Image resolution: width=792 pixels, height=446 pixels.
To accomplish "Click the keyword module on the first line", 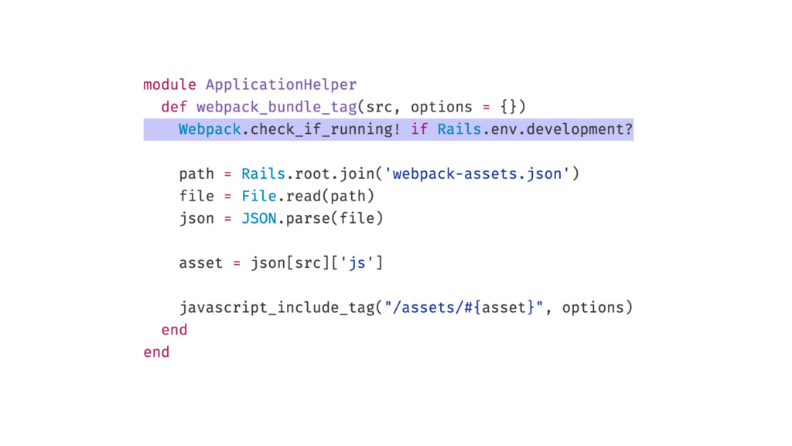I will [169, 84].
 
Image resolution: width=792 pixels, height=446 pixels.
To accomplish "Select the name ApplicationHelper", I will [282, 84].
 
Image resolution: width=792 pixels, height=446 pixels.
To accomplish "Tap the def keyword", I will [174, 107].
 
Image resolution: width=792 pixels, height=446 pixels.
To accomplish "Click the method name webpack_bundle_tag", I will [276, 107].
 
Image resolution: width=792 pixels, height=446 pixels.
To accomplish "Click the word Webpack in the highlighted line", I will [210, 129].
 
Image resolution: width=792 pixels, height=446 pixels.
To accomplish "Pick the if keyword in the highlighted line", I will [419, 129].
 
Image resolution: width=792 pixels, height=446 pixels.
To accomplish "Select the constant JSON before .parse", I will [258, 218].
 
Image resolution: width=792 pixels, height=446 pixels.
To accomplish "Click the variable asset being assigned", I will [201, 263].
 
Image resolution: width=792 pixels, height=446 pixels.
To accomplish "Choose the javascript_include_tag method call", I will [276, 308].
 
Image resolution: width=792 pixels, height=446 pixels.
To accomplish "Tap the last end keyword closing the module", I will [156, 352].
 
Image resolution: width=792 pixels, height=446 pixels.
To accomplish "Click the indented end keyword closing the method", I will [174, 330].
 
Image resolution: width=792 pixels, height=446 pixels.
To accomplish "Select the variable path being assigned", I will [196, 173].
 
